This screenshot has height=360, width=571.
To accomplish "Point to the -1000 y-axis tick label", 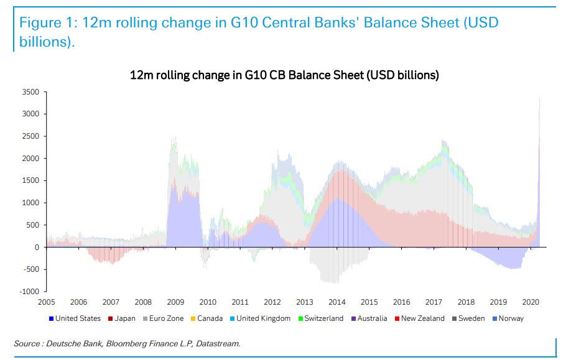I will pos(29,292).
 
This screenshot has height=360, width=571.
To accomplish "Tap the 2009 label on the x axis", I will pos(175,302).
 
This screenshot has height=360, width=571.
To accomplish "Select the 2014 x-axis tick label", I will pos(337,302).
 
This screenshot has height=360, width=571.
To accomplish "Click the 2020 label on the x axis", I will pos(531,302).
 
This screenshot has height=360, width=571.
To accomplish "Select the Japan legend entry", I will pos(124,318).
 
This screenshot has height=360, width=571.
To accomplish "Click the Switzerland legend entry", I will pos(323,318).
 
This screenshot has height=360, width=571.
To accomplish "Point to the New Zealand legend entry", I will pos(422,318).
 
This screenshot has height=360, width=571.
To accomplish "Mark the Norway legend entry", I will pos(511,318).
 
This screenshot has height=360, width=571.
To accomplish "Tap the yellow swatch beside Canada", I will pos(193,319).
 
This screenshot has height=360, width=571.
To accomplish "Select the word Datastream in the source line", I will pos(218,343).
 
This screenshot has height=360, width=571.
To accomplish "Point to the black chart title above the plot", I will pos(284,75).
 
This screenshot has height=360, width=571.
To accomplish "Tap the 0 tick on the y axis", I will pos(37,247).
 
